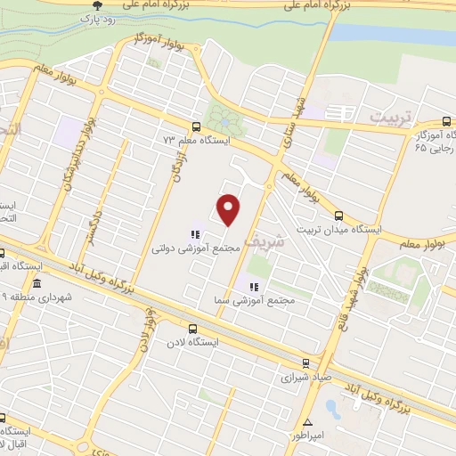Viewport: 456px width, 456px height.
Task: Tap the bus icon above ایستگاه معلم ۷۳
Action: (x=196, y=126)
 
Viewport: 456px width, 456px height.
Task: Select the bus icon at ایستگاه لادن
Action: (x=192, y=328)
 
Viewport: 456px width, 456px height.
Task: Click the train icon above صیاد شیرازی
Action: (x=305, y=362)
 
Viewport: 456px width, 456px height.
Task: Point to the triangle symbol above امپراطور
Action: (x=308, y=422)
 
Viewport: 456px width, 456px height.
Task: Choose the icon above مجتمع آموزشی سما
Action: (x=252, y=287)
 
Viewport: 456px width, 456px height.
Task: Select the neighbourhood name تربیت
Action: (x=392, y=117)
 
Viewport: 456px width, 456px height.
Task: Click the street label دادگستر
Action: (x=92, y=226)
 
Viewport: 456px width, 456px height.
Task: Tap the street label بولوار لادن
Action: (x=145, y=332)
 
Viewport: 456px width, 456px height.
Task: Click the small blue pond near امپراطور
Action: (x=332, y=409)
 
